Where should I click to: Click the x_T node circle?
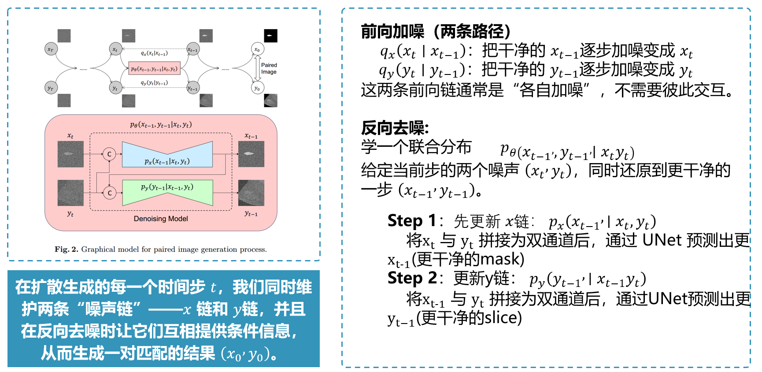point(51,49)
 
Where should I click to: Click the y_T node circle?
point(51,88)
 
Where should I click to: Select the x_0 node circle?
point(257,49)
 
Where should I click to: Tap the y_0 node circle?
point(257,88)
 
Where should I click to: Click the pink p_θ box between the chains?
point(154,68)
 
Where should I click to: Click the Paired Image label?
point(269,68)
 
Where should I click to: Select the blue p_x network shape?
point(167,154)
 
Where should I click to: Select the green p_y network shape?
point(167,193)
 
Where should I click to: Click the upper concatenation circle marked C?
point(109,154)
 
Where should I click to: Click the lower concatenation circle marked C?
point(109,193)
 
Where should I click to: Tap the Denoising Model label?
point(161,219)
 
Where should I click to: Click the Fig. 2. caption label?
point(66,249)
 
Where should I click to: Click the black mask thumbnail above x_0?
point(270,36)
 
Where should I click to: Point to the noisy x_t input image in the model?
point(70,154)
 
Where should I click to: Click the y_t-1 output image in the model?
point(251,193)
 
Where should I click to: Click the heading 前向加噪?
point(392,31)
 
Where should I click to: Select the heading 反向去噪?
point(395,128)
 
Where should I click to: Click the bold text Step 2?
point(412,278)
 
